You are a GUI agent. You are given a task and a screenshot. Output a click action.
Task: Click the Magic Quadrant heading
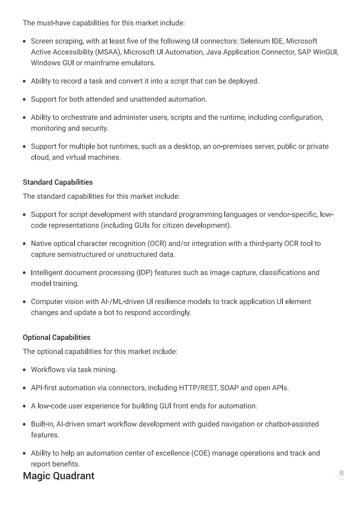[x=59, y=475]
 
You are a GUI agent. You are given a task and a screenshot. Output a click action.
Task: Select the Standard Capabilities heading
[x=58, y=182]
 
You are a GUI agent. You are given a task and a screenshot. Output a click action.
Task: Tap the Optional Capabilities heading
[x=56, y=337]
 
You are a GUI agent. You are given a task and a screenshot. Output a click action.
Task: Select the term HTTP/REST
[x=198, y=387]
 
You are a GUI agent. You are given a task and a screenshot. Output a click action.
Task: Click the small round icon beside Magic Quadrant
[x=341, y=473]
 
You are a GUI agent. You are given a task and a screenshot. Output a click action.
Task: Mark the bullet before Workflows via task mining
[x=25, y=370]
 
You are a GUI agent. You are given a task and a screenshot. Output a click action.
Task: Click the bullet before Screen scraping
[x=25, y=41]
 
